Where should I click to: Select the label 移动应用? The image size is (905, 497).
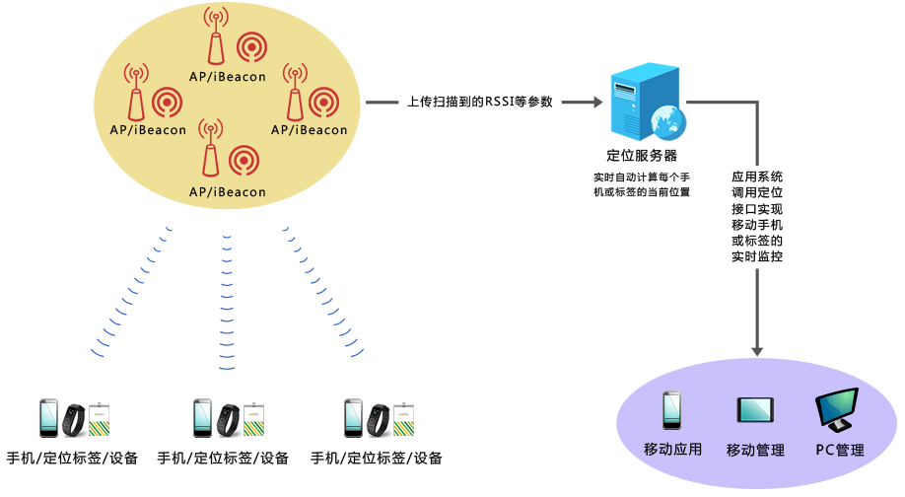pyautogui.click(x=672, y=450)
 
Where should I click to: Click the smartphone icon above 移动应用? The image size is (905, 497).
pyautogui.click(x=672, y=411)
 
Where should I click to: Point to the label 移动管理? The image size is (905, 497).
pyautogui.click(x=755, y=450)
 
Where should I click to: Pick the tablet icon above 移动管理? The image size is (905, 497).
pyautogui.click(x=755, y=411)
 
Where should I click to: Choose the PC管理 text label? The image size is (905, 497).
pyautogui.click(x=839, y=450)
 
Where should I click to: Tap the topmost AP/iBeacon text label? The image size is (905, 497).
pyautogui.click(x=228, y=76)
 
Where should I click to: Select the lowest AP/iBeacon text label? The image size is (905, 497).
pyautogui.click(x=228, y=191)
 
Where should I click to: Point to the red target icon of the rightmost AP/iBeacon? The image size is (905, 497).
pyautogui.click(x=324, y=102)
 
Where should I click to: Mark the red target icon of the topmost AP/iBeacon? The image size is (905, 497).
pyautogui.click(x=251, y=46)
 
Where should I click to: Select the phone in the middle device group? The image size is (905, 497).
pyautogui.click(x=203, y=418)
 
